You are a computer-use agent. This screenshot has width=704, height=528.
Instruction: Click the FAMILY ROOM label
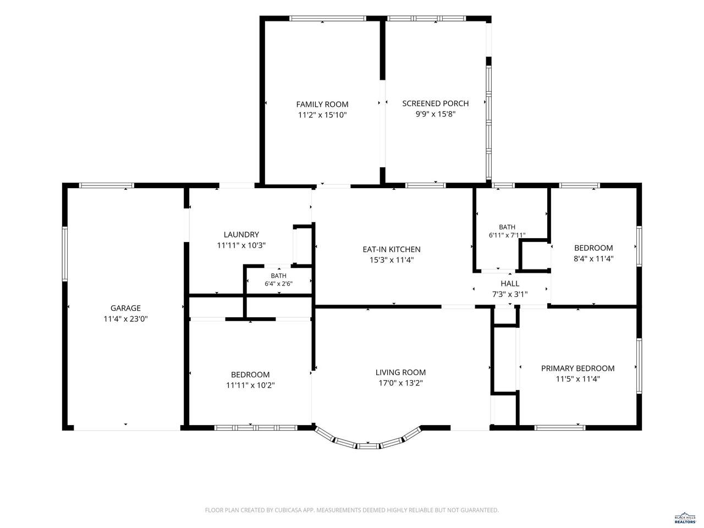322,104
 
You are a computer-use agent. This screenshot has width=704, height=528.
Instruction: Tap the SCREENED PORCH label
435,103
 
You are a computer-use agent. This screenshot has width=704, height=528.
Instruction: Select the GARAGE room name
125,308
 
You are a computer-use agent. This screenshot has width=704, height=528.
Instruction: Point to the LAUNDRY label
241,234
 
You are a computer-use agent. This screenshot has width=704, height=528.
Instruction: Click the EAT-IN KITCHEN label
391,249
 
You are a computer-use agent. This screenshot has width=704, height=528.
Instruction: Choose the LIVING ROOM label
400,372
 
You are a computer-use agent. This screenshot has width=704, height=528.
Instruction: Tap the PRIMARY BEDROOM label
577,369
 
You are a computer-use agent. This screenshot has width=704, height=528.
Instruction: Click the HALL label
510,283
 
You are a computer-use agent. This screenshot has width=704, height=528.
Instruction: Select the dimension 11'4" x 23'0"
125,319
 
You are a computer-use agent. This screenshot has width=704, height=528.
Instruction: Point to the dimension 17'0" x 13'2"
400,383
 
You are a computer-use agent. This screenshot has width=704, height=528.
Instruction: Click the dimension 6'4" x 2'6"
278,284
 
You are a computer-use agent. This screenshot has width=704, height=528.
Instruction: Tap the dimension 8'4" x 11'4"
593,258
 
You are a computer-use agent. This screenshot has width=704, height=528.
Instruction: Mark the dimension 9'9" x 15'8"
435,114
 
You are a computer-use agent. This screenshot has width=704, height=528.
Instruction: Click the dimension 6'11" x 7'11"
507,235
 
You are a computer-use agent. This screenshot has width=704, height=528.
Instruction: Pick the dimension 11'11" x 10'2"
250,386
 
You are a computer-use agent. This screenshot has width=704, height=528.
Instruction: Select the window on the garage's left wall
65,254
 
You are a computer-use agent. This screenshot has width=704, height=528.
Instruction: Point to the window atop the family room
327,19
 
